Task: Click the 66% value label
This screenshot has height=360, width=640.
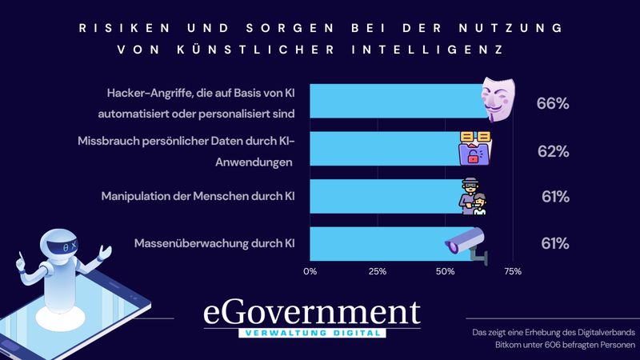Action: pos(553,104)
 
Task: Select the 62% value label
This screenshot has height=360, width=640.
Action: pos(553,151)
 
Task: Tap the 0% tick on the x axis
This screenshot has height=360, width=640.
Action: pos(310,271)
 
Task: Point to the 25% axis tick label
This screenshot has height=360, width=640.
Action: pos(377,271)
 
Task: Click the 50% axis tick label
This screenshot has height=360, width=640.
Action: pos(444,271)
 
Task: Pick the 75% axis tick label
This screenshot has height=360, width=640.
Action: pos(511,271)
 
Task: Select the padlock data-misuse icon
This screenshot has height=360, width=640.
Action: pos(476,149)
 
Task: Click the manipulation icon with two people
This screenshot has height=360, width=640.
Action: pos(474,197)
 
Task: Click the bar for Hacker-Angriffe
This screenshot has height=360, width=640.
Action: pos(396,102)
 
